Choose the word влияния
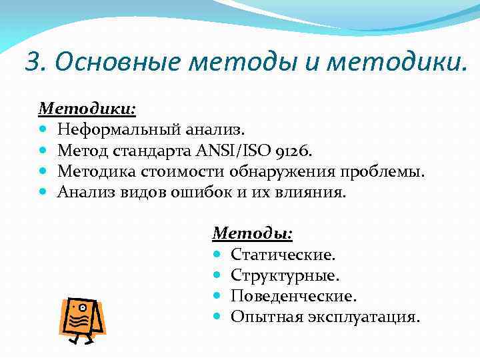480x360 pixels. click(x=313, y=193)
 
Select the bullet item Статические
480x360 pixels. click(x=283, y=255)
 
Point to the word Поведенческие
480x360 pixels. click(x=294, y=295)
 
